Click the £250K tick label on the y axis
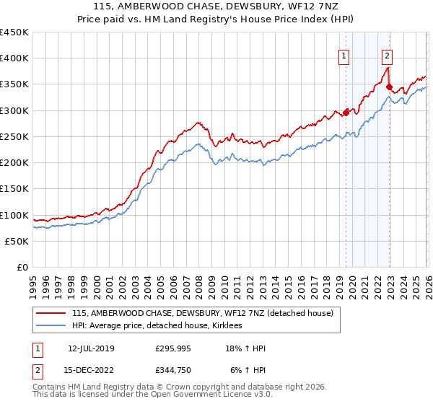(14, 136)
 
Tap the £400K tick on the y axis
(14, 58)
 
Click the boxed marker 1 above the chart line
(344, 55)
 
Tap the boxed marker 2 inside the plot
(388, 55)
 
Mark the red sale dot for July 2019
(346, 113)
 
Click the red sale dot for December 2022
(390, 87)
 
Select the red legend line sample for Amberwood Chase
(52, 314)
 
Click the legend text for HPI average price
(157, 326)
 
